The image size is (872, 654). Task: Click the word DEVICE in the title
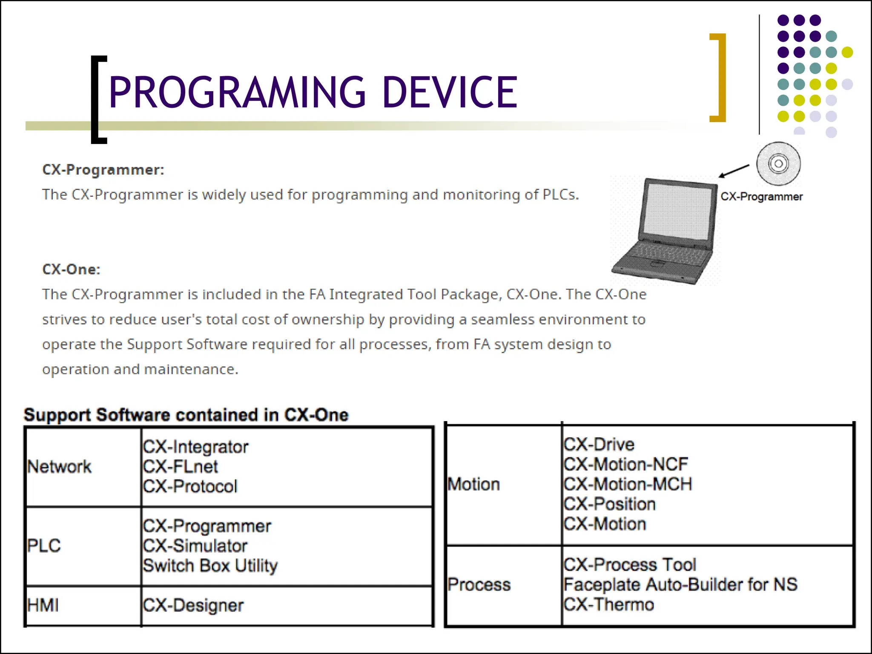(x=450, y=92)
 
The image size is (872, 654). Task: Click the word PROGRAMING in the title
(x=237, y=92)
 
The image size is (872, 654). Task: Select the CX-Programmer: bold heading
(x=103, y=170)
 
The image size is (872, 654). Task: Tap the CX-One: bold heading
(x=71, y=270)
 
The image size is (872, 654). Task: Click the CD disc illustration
(x=778, y=164)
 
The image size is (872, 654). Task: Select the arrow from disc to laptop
(x=734, y=171)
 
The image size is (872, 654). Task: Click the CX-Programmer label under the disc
(x=761, y=197)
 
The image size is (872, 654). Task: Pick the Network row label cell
(x=60, y=467)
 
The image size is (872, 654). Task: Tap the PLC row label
(x=44, y=546)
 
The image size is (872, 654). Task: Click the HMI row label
(x=43, y=605)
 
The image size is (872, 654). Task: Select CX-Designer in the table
(x=193, y=605)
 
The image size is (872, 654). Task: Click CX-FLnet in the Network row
(x=181, y=467)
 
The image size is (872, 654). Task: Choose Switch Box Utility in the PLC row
(x=210, y=566)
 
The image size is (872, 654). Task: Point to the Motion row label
(x=473, y=485)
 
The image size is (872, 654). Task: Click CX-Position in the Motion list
(x=610, y=504)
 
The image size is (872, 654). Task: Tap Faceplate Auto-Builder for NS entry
(x=680, y=585)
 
